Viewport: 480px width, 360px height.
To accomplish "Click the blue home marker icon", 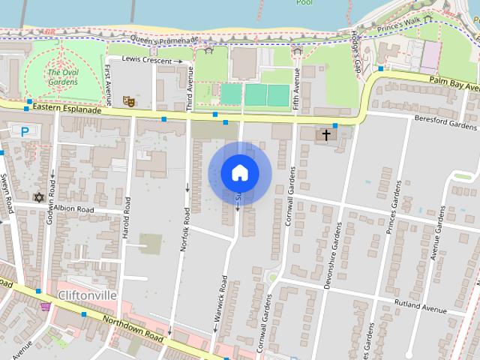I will click(240, 173).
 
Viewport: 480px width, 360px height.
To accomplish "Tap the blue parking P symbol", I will click(25, 131).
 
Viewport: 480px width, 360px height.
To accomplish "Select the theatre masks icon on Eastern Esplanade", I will click(128, 99).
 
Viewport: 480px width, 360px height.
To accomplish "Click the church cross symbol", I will click(326, 136).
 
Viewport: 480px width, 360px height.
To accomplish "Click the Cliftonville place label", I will click(87, 295).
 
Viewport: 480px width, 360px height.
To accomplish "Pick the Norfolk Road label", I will click(184, 233).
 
